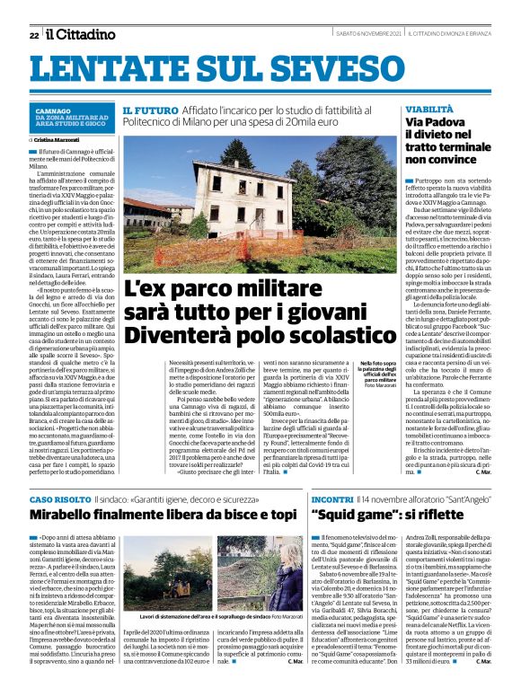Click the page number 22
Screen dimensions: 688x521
tap(33, 35)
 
